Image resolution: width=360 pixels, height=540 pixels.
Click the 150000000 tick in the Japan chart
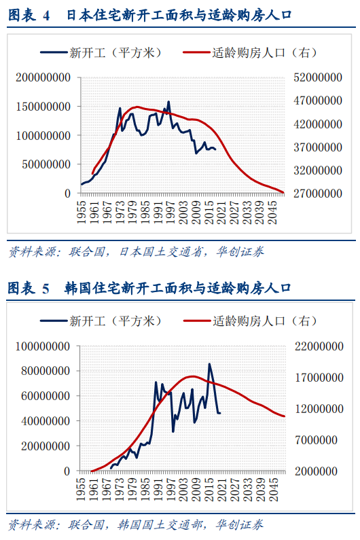coord(43,107)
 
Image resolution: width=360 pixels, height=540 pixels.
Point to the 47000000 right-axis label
coord(318,101)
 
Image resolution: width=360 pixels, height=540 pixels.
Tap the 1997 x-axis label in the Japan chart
coord(170,213)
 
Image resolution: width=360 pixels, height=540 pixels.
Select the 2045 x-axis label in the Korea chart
coord(273,489)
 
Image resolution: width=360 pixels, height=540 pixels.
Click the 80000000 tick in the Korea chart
coord(46,371)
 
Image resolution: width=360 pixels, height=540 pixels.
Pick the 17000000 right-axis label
coord(319,378)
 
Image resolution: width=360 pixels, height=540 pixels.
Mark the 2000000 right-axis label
coord(316,471)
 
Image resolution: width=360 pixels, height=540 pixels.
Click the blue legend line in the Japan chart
coord(54,52)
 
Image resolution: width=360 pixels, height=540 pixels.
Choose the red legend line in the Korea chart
coord(197,321)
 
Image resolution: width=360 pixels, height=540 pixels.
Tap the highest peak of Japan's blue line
coord(168,101)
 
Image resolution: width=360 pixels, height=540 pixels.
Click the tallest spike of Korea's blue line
coord(209,363)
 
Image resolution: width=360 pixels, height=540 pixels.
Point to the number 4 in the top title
coord(46,16)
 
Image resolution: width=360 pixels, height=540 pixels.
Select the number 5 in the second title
coord(46,289)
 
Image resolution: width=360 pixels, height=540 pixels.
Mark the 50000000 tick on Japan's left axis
coord(46,164)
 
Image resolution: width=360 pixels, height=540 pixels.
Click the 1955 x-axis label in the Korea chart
coord(82,489)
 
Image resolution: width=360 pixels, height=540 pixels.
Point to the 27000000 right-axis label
coord(318,194)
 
